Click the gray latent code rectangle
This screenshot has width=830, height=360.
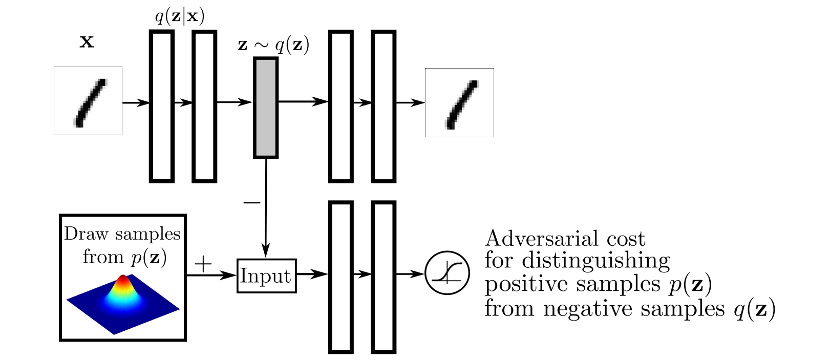click(x=266, y=108)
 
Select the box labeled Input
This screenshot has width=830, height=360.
click(x=266, y=276)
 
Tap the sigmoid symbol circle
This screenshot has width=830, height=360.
click(x=447, y=273)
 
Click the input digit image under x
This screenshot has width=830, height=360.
click(x=88, y=101)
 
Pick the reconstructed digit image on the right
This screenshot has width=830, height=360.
click(x=459, y=102)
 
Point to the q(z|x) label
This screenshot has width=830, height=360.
click(x=180, y=16)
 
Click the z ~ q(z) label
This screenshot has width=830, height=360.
click(x=274, y=45)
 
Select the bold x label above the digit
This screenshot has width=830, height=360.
click(x=87, y=41)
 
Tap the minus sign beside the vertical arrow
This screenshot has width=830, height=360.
click(x=252, y=203)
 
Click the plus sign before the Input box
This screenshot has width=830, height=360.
click(x=203, y=264)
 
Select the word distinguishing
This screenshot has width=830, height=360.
click(x=595, y=261)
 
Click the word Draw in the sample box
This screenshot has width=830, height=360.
click(x=86, y=234)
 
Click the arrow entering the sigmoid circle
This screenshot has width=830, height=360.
click(x=410, y=274)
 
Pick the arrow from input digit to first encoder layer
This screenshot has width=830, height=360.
click(x=136, y=102)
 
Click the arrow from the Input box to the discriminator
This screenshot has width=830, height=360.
click(x=312, y=274)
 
